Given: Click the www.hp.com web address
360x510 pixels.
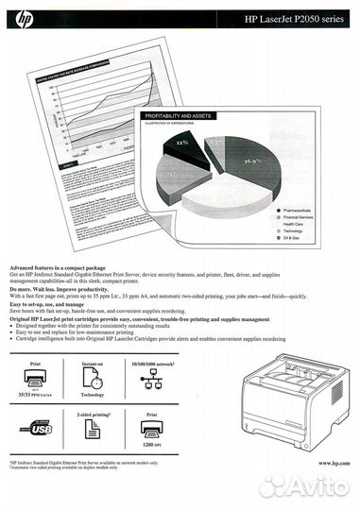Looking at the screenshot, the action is [333, 463].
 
